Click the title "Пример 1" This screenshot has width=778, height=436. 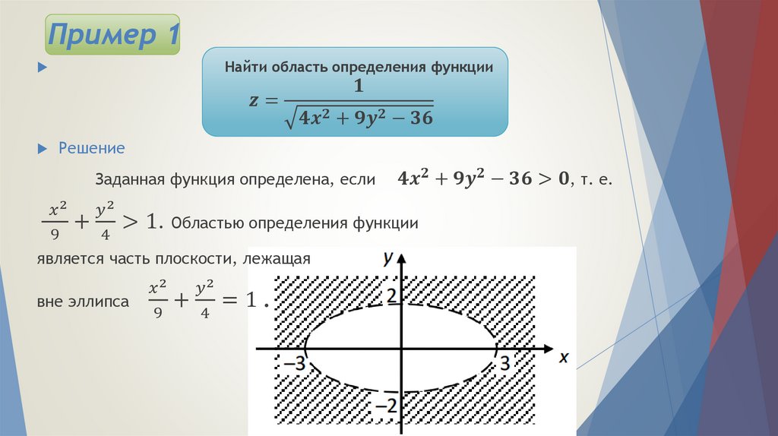pos(112,35)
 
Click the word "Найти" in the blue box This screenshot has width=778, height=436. pos(245,68)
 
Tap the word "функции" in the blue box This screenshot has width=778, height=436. pos(463,68)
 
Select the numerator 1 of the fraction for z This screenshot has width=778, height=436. pos(357,87)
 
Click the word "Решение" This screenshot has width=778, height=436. pos(92,147)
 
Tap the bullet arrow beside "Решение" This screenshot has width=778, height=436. pos(43,147)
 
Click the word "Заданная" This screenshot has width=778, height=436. pos(127,181)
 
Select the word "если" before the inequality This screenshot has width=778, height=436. pos(358,181)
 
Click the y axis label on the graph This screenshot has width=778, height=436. pos(387,257)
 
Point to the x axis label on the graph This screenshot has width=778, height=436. pos(564,357)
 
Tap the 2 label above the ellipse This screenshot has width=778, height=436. pos(391,296)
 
